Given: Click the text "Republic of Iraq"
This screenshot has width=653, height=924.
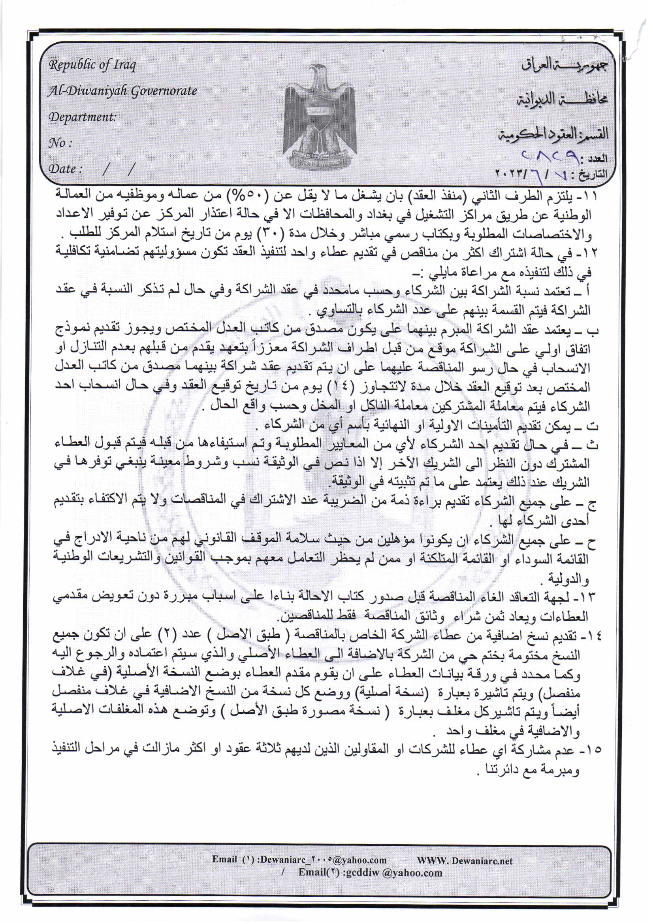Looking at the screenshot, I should (x=92, y=65).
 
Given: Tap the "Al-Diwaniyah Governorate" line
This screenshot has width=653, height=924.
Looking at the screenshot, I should (x=122, y=91).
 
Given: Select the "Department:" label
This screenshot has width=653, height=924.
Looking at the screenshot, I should (x=82, y=117).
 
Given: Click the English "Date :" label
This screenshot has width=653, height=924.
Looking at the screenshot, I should (x=65, y=169).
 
